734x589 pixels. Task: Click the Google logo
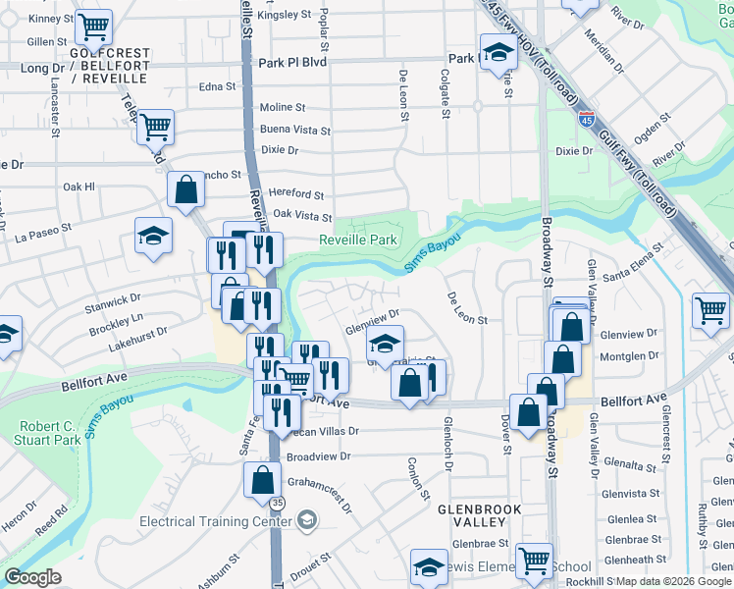click(x=32, y=577)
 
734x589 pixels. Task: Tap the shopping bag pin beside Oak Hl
click(x=185, y=188)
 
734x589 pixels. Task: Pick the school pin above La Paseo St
click(x=153, y=236)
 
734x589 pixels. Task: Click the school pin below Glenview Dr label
click(x=386, y=344)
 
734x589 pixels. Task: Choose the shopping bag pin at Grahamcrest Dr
click(x=262, y=479)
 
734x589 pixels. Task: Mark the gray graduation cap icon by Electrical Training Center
click(x=307, y=517)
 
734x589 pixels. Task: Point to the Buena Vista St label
click(x=295, y=130)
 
